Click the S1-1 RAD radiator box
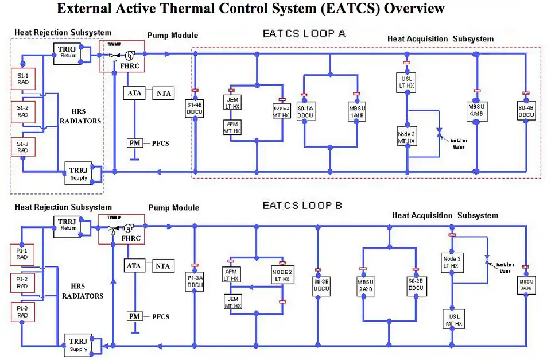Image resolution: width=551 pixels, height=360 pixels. pos(24,79)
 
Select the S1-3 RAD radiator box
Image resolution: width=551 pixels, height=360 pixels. pos(24,146)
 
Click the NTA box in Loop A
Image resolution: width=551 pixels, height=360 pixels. pos(162,93)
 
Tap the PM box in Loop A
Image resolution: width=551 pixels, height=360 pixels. pos(134,143)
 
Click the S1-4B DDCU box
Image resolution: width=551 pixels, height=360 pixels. pos(195,109)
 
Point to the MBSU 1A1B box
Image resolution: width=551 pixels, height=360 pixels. pos(356,110)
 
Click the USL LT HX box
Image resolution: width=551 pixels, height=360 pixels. pos(406,81)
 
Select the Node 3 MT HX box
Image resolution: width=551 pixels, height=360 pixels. pos(406,137)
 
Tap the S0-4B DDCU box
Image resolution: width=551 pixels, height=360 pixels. pos(525,111)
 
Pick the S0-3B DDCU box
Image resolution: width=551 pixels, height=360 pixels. pos(321,285)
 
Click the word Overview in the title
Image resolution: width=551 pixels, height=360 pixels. pos(414,9)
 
